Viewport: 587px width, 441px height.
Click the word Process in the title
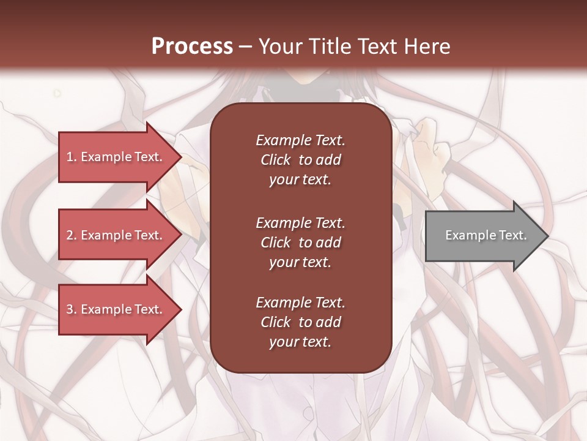coord(192,47)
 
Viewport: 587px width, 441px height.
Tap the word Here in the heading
coord(426,47)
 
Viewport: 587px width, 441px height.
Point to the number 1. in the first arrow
coord(72,157)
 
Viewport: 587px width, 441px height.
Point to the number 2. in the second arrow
coord(72,235)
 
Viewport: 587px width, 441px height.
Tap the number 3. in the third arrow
coord(72,309)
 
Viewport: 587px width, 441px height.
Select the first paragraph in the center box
coord(300,160)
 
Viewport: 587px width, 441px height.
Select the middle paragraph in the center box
coord(300,242)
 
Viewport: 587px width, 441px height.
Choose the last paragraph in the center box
coord(300,322)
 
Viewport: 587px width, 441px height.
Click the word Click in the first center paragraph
coord(276,160)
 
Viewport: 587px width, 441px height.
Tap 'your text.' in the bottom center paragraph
coord(300,342)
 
